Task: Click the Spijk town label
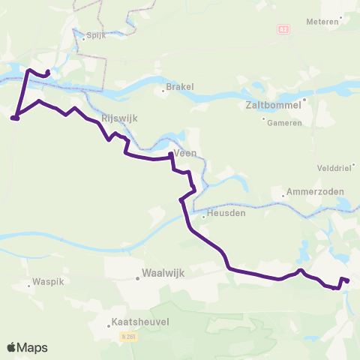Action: coord(96,35)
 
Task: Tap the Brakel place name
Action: coord(181,86)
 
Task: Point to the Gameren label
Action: coord(287,122)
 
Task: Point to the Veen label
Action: coord(185,152)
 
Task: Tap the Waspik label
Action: coord(40,283)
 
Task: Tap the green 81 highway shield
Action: coord(283,29)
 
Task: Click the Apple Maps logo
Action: coord(27,347)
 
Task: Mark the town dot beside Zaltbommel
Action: coord(305,98)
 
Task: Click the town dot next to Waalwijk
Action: coord(138,277)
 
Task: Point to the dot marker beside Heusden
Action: coord(203,217)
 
